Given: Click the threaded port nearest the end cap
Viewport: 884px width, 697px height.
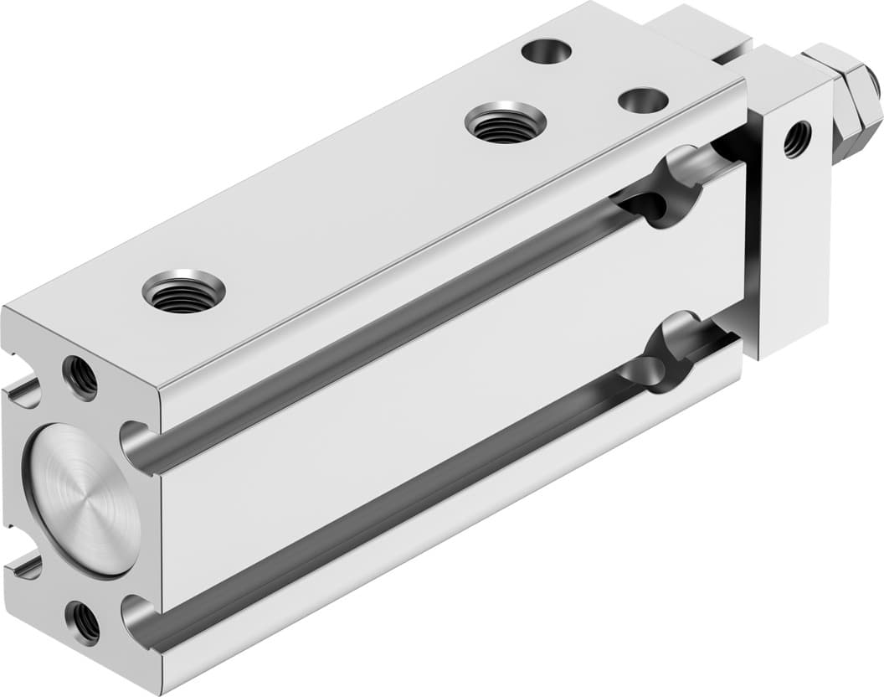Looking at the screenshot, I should click(183, 291).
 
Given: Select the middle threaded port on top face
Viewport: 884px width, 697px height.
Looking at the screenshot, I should click(506, 122).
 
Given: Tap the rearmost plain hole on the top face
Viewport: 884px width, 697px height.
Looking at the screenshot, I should click(546, 51).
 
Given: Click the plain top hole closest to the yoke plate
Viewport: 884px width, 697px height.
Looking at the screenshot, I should click(643, 101).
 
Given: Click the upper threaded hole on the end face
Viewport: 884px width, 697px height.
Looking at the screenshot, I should click(80, 378).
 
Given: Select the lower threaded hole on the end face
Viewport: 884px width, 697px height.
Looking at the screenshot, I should click(84, 622).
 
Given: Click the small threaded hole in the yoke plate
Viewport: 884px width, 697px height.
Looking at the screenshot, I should click(797, 139).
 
